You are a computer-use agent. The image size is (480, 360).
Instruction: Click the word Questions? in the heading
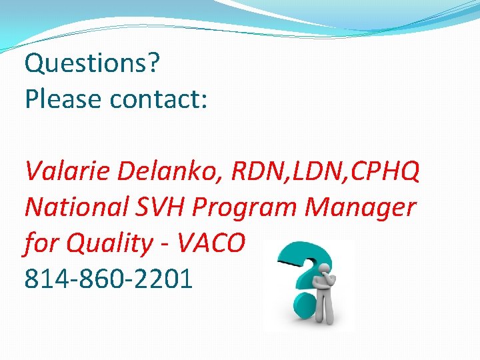92,65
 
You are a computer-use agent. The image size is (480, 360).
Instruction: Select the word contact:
159,99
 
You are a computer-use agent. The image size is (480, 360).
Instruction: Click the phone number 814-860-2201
109,279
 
